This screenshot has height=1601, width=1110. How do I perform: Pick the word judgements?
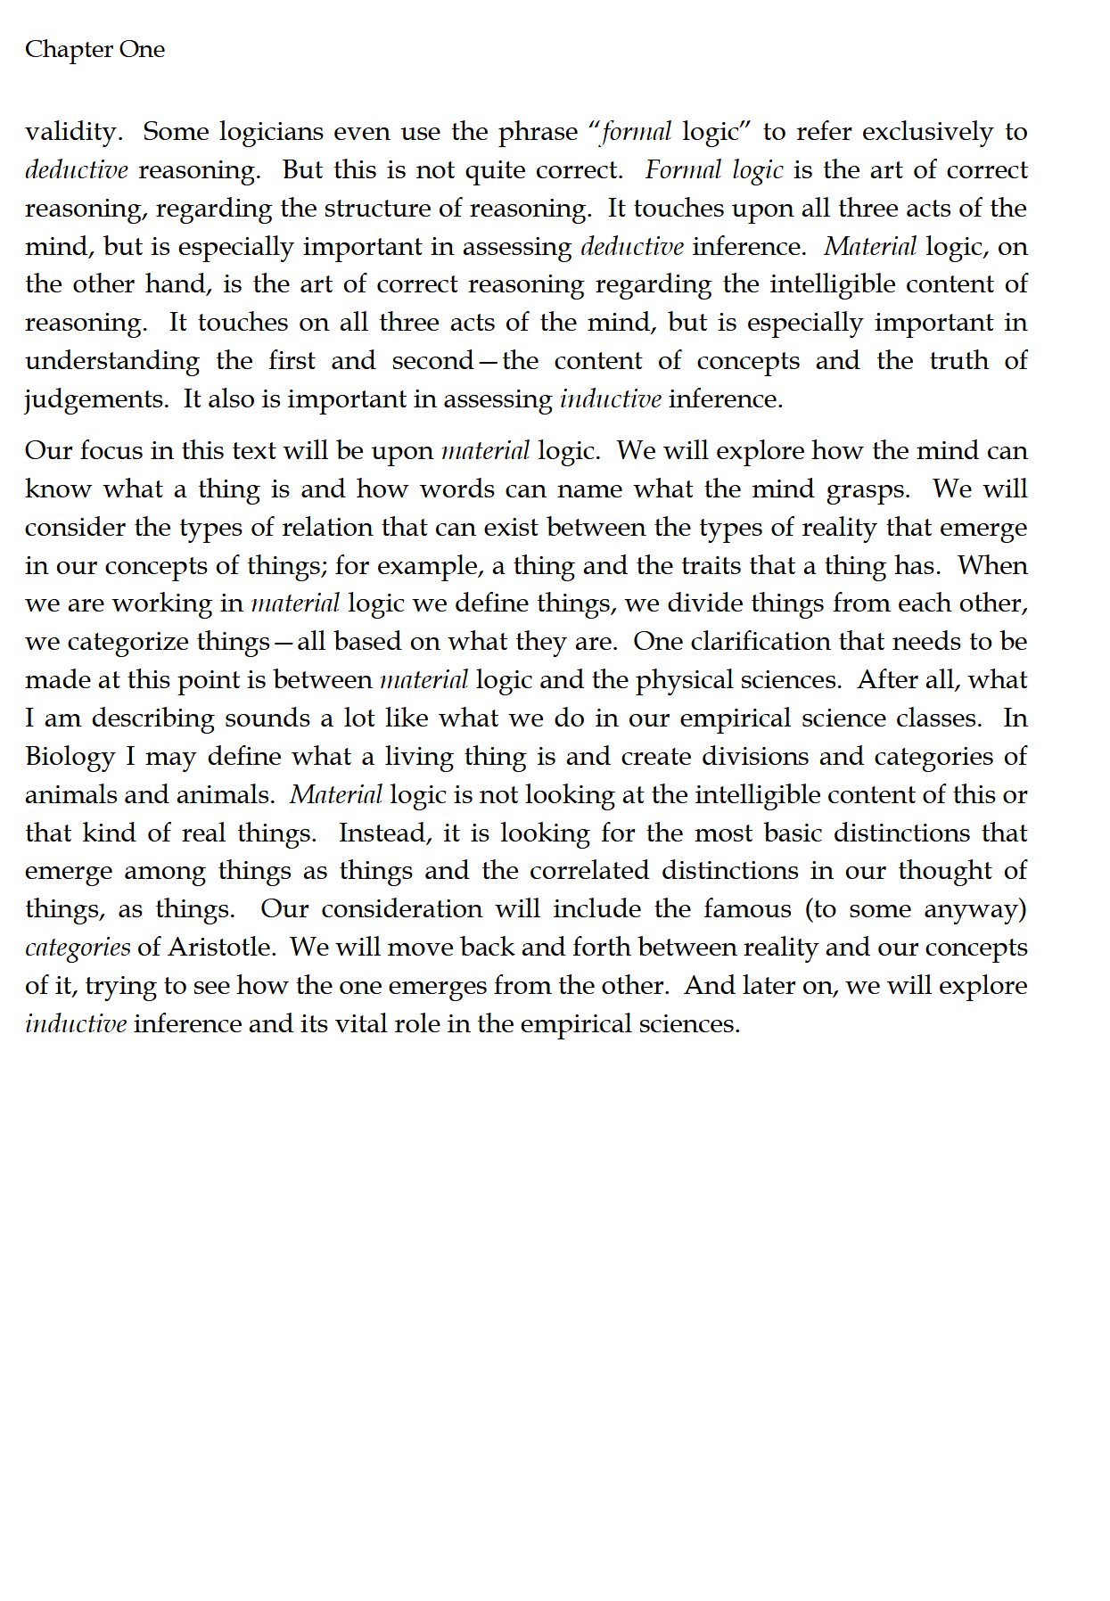[x=95, y=399]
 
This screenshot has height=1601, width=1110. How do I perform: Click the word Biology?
[x=70, y=757]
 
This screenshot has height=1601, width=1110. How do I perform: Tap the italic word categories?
[x=78, y=948]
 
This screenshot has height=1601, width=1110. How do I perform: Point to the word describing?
[x=153, y=718]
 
